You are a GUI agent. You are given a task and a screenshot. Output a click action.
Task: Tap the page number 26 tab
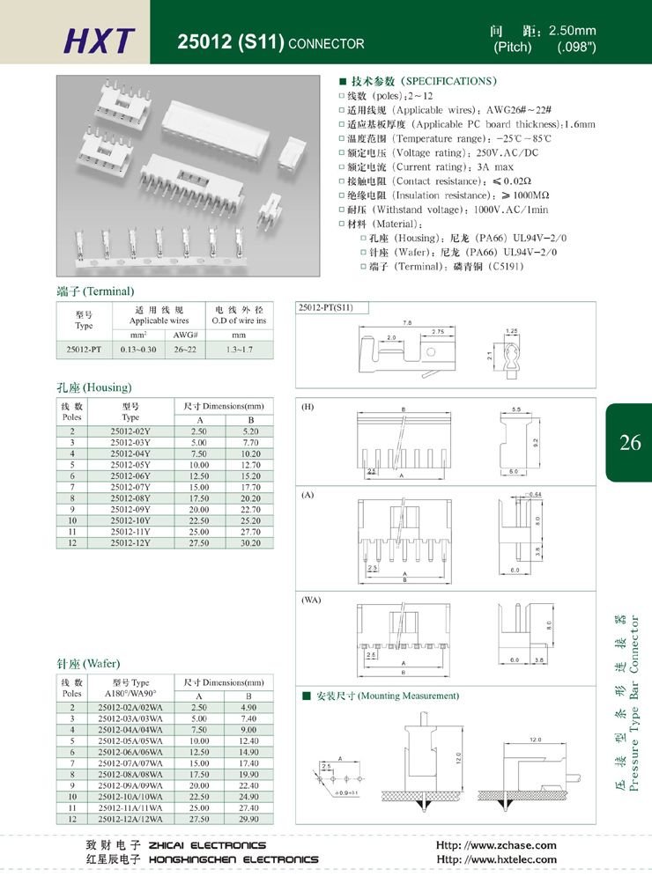tap(630, 442)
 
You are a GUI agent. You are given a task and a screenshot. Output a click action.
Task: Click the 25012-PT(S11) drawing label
tap(326, 307)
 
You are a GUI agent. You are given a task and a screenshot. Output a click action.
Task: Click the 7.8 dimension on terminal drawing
tap(407, 323)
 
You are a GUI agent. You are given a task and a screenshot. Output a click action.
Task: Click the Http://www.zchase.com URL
tap(497, 845)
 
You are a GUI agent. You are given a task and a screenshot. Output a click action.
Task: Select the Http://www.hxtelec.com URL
tap(497, 859)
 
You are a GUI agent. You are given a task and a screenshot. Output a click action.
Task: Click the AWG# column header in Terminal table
tap(183, 335)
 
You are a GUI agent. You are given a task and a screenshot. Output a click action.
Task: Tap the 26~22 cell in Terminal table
tap(183, 350)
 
